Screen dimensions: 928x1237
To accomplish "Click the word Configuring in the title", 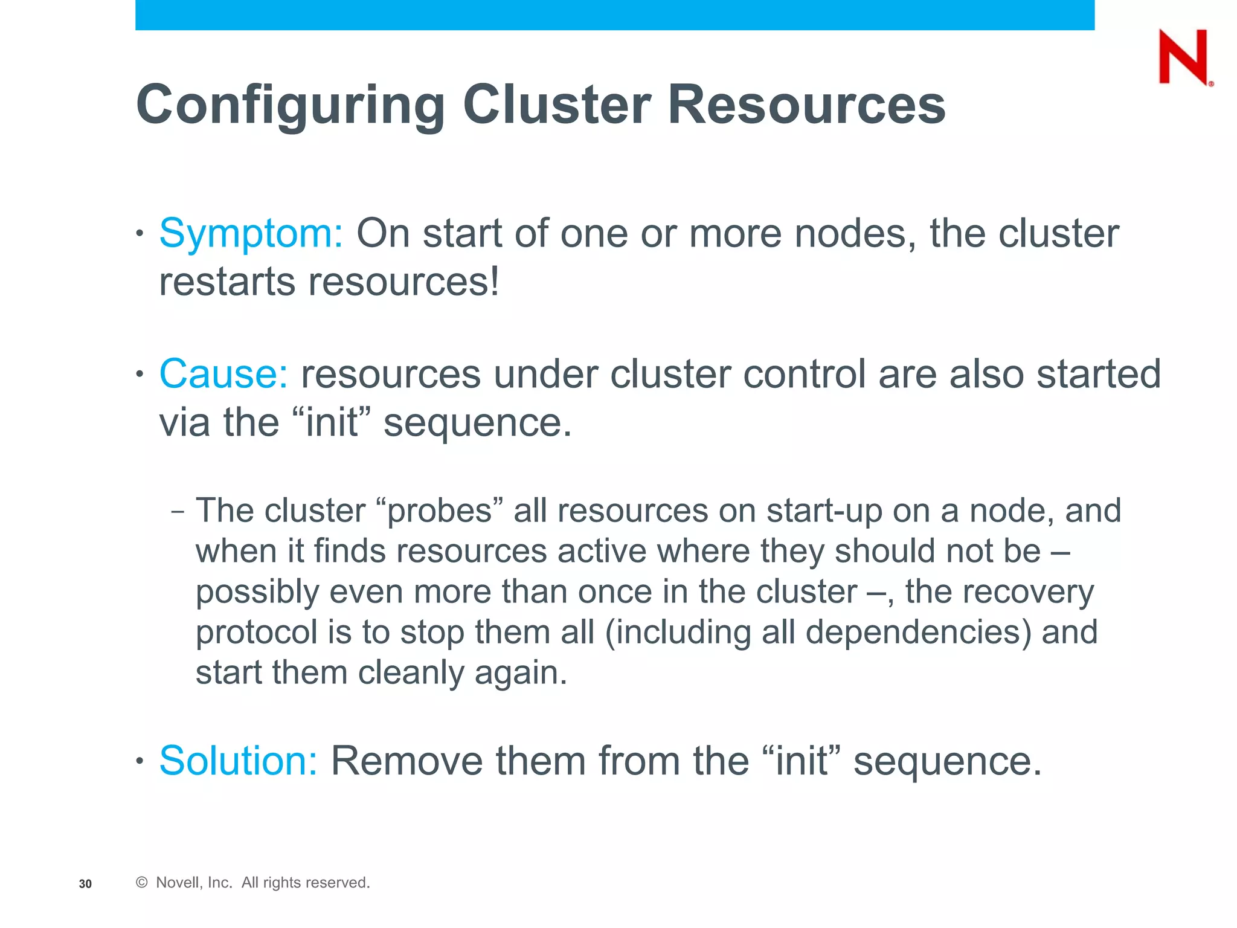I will pos(291,106).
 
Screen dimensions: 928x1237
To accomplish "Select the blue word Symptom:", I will pos(251,234).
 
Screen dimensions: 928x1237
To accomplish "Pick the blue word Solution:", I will pos(238,761).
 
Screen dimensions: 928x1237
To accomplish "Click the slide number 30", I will pos(85,884).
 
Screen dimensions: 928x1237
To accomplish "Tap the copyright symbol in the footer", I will pos(142,883).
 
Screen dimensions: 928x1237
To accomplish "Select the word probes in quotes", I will pos(439,511).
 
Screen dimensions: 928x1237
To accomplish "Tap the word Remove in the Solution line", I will pos(406,761).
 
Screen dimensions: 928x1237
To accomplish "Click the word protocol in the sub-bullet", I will pos(256,633).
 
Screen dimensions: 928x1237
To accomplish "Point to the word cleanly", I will pos(411,673).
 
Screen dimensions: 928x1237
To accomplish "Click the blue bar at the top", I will pos(614,14).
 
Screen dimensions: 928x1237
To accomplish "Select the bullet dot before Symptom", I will pos(140,233).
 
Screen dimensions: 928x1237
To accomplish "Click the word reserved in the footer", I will pos(340,883).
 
